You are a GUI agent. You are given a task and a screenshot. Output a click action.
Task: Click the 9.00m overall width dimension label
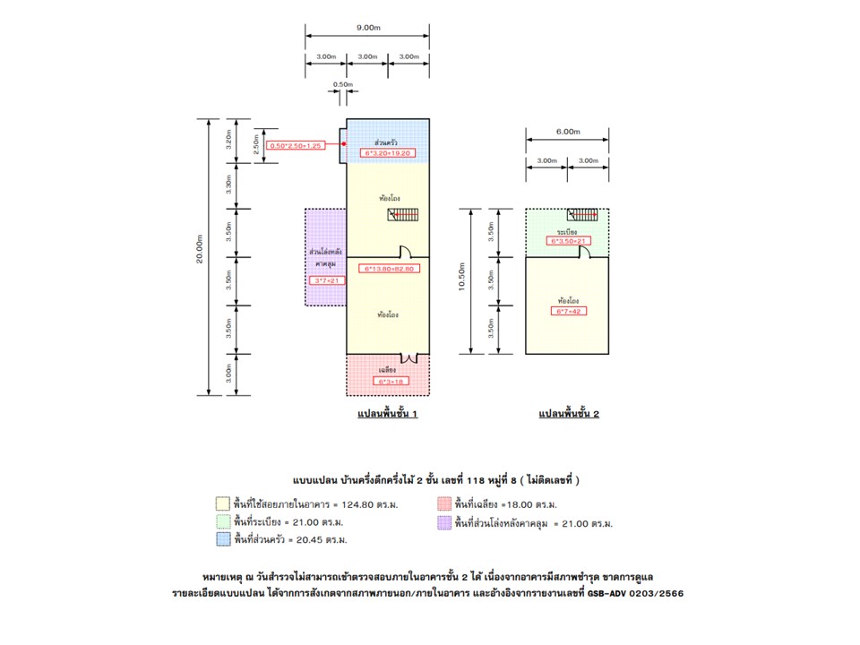pos(367,28)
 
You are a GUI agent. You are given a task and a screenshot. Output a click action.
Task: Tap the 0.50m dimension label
pos(342,84)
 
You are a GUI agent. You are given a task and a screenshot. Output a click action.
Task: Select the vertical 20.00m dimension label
pos(202,256)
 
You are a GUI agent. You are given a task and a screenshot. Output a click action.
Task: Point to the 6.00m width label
pos(567,131)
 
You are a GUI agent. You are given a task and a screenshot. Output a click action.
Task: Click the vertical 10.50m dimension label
pos(460,279)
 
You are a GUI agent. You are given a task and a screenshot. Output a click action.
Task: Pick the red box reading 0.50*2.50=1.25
pos(296,145)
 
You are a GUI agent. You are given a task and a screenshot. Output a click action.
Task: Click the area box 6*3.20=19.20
pos(388,153)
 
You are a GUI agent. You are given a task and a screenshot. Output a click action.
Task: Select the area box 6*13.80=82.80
pos(388,268)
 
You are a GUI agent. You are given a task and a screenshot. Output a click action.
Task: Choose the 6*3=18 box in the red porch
pos(388,381)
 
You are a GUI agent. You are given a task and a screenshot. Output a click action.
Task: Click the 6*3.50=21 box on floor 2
pos(567,241)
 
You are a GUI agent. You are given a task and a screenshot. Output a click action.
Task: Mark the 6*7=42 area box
pos(567,311)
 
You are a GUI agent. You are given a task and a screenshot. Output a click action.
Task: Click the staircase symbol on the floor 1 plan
pos(402,215)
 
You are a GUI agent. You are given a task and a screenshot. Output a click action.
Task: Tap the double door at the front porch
pos(408,357)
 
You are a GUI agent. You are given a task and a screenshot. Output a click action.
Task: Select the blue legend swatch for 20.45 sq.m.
pos(222,539)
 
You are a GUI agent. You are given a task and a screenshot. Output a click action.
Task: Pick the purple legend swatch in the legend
pos(443,522)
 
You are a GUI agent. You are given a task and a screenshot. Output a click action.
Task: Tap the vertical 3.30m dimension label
pos(229,185)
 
